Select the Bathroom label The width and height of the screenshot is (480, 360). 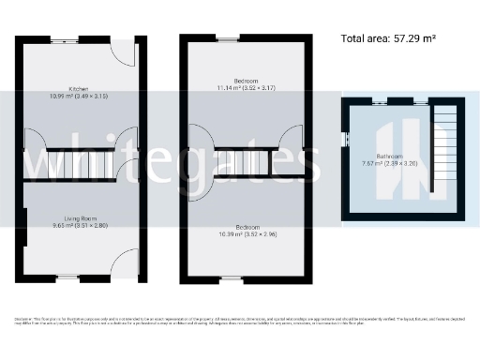click(x=388, y=156)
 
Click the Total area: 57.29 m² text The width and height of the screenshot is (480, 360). click(x=388, y=39)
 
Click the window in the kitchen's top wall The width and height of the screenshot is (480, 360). click(x=65, y=40)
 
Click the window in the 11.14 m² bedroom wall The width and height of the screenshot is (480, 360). click(x=227, y=40)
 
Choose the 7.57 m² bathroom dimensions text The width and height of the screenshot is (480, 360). click(x=388, y=163)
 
